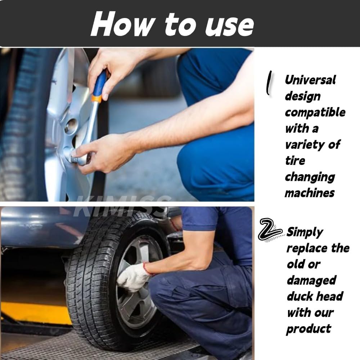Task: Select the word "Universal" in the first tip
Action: point(310,80)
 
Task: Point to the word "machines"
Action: point(310,193)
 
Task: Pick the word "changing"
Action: point(310,177)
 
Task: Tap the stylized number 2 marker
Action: point(270,230)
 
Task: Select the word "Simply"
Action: point(305,233)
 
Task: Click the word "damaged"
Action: point(311,280)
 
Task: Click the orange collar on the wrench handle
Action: point(96,99)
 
